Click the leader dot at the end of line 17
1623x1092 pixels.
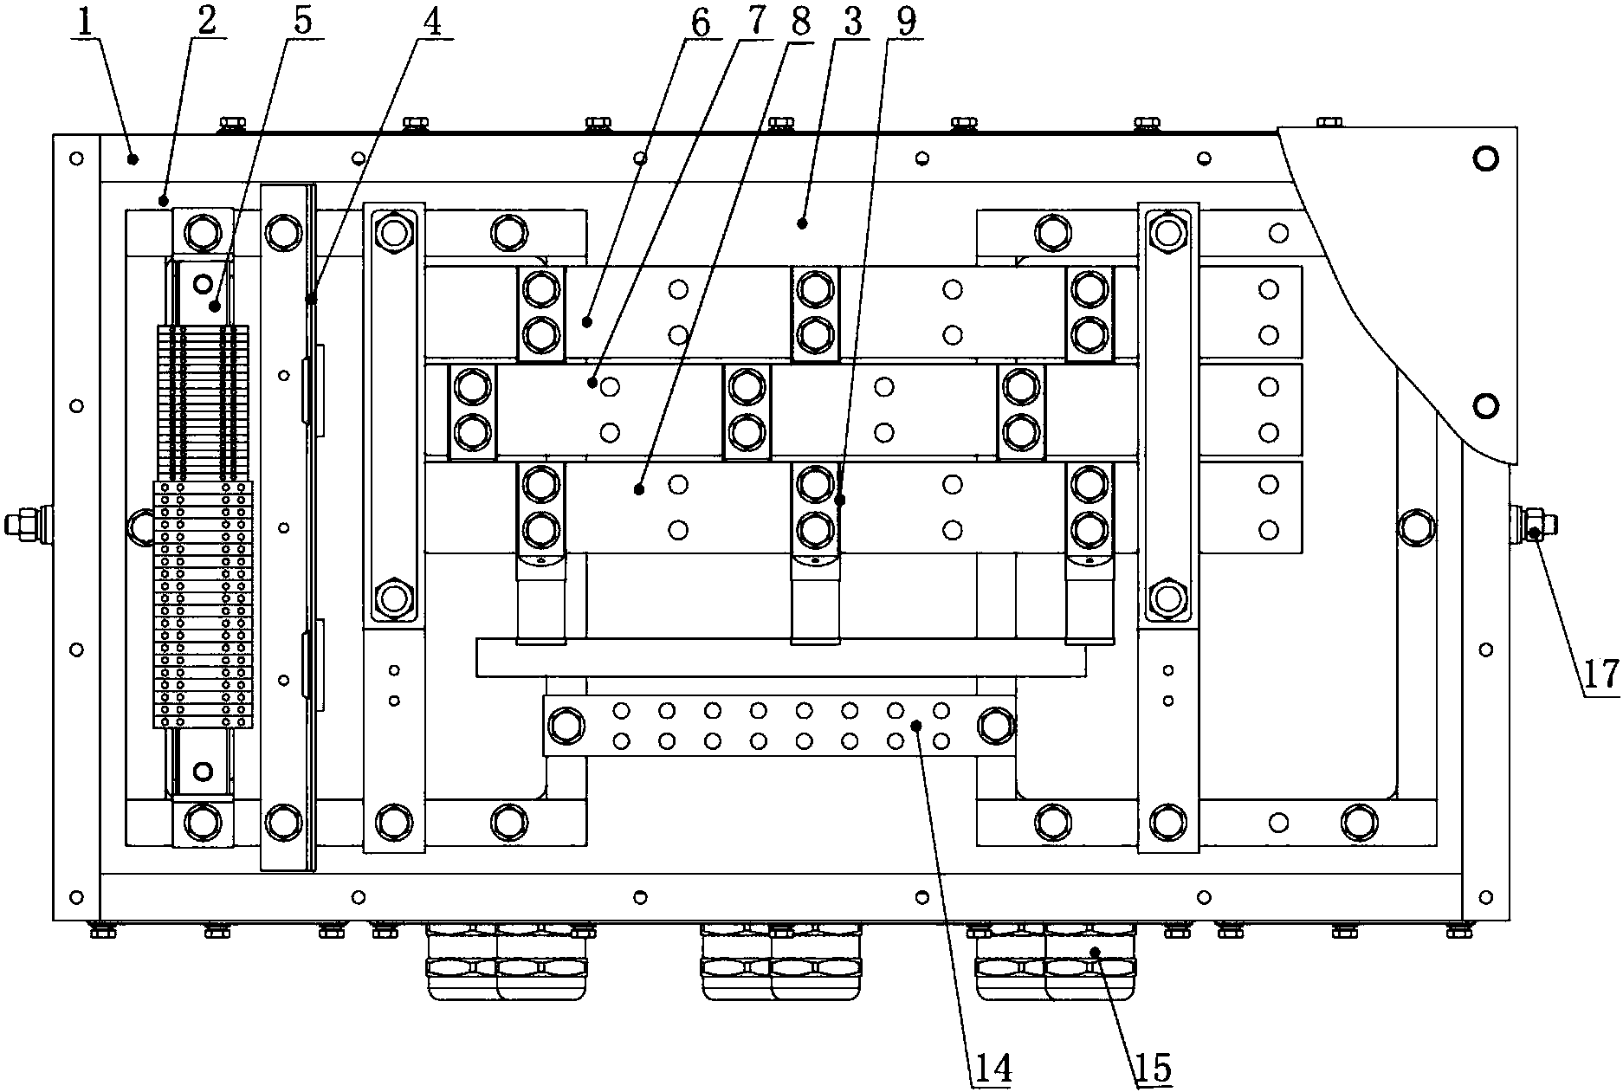click(x=1533, y=533)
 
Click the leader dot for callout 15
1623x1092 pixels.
click(x=1095, y=952)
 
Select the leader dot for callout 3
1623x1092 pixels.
click(x=803, y=223)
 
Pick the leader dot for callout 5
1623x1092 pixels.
click(x=215, y=306)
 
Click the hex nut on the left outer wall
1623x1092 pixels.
click(x=17, y=524)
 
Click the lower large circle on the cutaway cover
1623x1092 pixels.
click(x=1485, y=404)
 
